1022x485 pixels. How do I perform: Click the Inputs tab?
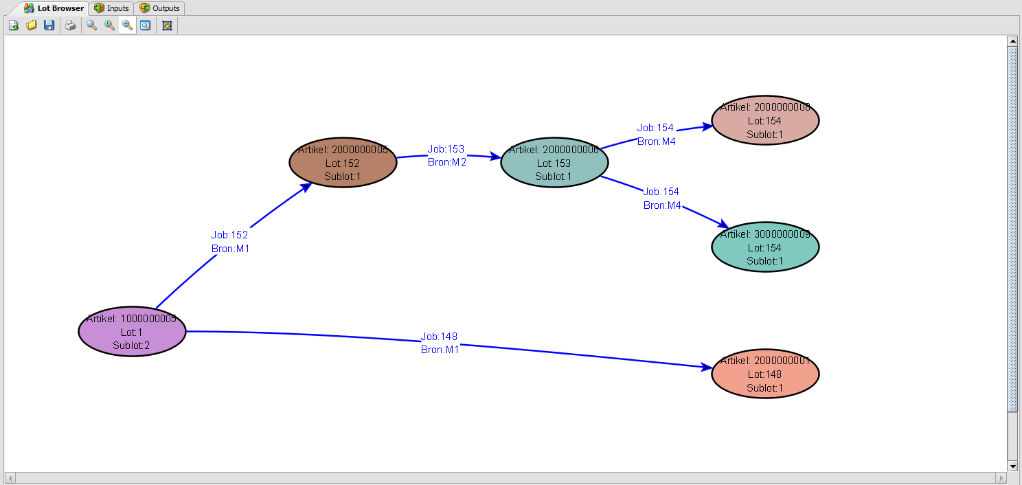point(112,8)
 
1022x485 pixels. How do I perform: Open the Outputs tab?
point(160,8)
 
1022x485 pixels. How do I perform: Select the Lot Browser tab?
point(54,8)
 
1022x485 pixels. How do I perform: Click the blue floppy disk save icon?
point(49,25)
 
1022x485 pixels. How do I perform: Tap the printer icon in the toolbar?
point(70,25)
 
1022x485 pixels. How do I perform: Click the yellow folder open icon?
point(31,25)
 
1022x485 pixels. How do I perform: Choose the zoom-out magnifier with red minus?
point(127,25)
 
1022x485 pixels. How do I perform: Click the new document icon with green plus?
point(13,25)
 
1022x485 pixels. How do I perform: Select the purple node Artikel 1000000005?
point(132,332)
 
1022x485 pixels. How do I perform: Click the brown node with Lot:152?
point(343,163)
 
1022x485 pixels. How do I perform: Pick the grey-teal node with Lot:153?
point(554,163)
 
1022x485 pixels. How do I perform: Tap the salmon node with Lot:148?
point(765,374)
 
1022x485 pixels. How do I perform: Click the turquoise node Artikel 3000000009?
point(765,247)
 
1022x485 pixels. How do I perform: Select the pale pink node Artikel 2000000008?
point(765,121)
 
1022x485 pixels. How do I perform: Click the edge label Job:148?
point(439,337)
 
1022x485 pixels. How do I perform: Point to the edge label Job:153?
point(446,149)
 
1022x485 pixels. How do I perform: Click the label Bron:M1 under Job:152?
point(230,249)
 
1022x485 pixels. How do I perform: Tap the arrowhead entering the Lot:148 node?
point(706,368)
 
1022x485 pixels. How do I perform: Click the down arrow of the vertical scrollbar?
point(1012,466)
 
